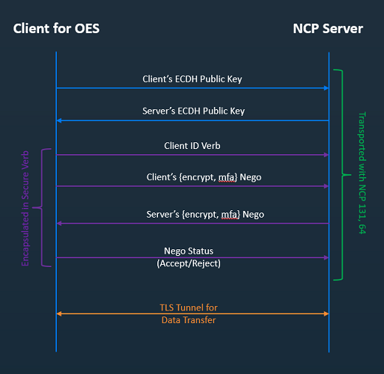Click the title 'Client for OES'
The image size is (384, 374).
pyautogui.click(x=56, y=29)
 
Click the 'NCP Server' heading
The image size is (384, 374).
pyautogui.click(x=328, y=29)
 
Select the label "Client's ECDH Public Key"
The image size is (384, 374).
pyautogui.click(x=192, y=79)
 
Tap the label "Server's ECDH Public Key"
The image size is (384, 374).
pyautogui.click(x=193, y=111)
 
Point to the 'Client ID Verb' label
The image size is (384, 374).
pyautogui.click(x=192, y=146)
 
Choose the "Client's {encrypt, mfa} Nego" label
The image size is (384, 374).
pyautogui.click(x=204, y=177)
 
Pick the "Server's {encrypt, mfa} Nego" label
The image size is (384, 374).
pyautogui.click(x=205, y=215)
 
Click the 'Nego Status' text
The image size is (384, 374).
pyautogui.click(x=188, y=251)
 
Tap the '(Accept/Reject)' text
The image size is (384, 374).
pyautogui.click(x=188, y=263)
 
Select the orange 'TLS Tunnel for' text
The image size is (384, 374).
pyautogui.click(x=188, y=308)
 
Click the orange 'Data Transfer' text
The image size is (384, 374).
pyautogui.click(x=188, y=320)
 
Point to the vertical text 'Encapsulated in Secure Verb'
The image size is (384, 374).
pyautogui.click(x=25, y=209)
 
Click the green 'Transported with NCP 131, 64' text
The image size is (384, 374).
pyautogui.click(x=362, y=173)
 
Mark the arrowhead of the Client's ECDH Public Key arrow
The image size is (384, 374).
pyautogui.click(x=326, y=88)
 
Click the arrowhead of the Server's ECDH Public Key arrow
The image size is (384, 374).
pyautogui.click(x=59, y=120)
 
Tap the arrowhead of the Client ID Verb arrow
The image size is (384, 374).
pyautogui.click(x=326, y=155)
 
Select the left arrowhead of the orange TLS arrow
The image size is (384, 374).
pyautogui.click(x=59, y=314)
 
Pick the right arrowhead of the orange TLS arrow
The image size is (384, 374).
pyautogui.click(x=326, y=314)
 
